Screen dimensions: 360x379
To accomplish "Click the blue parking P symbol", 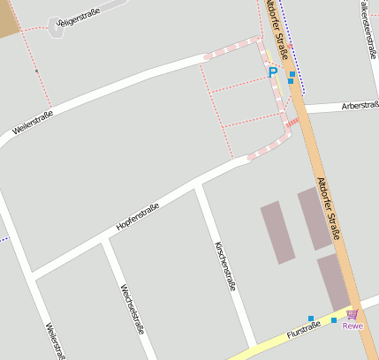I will click(273, 72).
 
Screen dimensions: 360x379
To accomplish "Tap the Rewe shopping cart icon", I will click(352, 314).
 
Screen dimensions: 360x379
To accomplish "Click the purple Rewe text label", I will click(352, 326).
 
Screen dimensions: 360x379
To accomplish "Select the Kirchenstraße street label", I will click(224, 266).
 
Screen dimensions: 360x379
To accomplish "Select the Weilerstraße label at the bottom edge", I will click(55, 340).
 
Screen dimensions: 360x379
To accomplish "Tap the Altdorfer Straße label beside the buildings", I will click(328, 208).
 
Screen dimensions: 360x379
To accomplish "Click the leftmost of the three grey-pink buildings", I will click(277, 232).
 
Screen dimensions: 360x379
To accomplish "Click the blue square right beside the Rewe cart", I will click(334, 320).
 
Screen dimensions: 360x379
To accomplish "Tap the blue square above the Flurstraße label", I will click(311, 318).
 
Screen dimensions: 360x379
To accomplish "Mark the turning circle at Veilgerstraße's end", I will click(56, 24).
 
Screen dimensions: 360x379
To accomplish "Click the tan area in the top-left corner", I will click(8, 18).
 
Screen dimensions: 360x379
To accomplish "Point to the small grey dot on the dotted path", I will click(36, 71).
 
